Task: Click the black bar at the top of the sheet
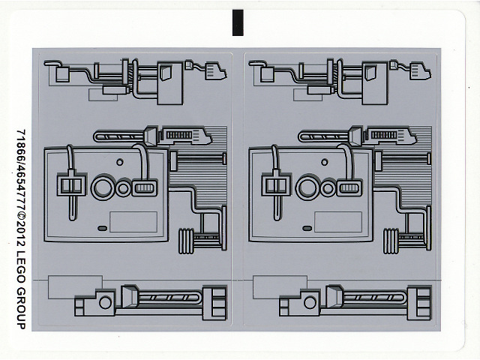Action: (238, 23)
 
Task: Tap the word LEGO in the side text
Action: (20, 265)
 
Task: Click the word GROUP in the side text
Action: (20, 305)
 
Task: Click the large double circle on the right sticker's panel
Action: (306, 186)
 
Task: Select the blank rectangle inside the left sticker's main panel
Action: (133, 222)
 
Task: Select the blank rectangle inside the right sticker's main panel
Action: (337, 222)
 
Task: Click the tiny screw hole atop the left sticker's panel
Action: (118, 161)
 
